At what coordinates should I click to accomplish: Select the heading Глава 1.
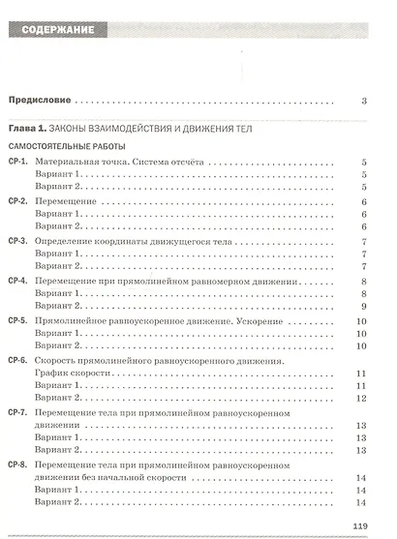click(28, 128)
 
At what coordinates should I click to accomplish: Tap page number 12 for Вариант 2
click(359, 398)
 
